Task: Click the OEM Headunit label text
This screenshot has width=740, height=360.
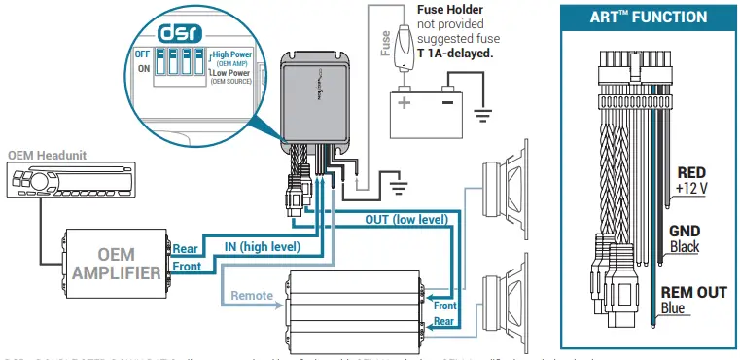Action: [47, 154]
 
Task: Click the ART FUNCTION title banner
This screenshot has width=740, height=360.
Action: [648, 18]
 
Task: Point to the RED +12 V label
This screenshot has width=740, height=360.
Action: [694, 179]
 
